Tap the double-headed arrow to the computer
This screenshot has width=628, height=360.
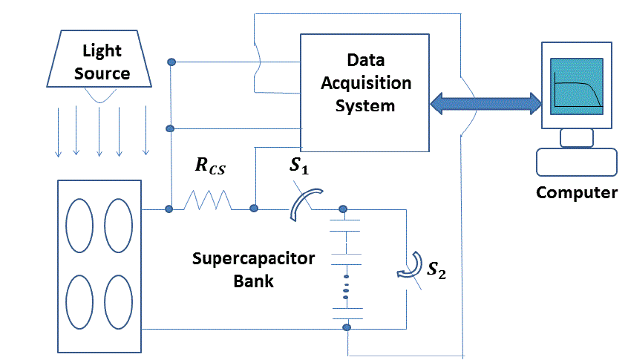coord(486,102)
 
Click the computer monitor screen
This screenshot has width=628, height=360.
coord(575,87)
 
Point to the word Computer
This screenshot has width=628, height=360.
coord(577,193)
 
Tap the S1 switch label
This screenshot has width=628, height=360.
coord(299,166)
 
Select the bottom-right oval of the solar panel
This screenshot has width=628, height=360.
coord(118,302)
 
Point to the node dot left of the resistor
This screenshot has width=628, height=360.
coord(169,209)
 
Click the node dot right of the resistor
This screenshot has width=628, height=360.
coord(254,209)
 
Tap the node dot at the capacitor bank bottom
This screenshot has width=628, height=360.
coord(346,327)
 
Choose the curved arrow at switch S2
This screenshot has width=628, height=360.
coord(407,272)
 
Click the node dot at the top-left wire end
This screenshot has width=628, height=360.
coord(171,62)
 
